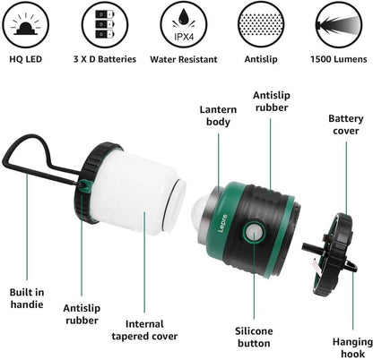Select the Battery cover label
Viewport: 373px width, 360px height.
[x=345, y=125]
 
